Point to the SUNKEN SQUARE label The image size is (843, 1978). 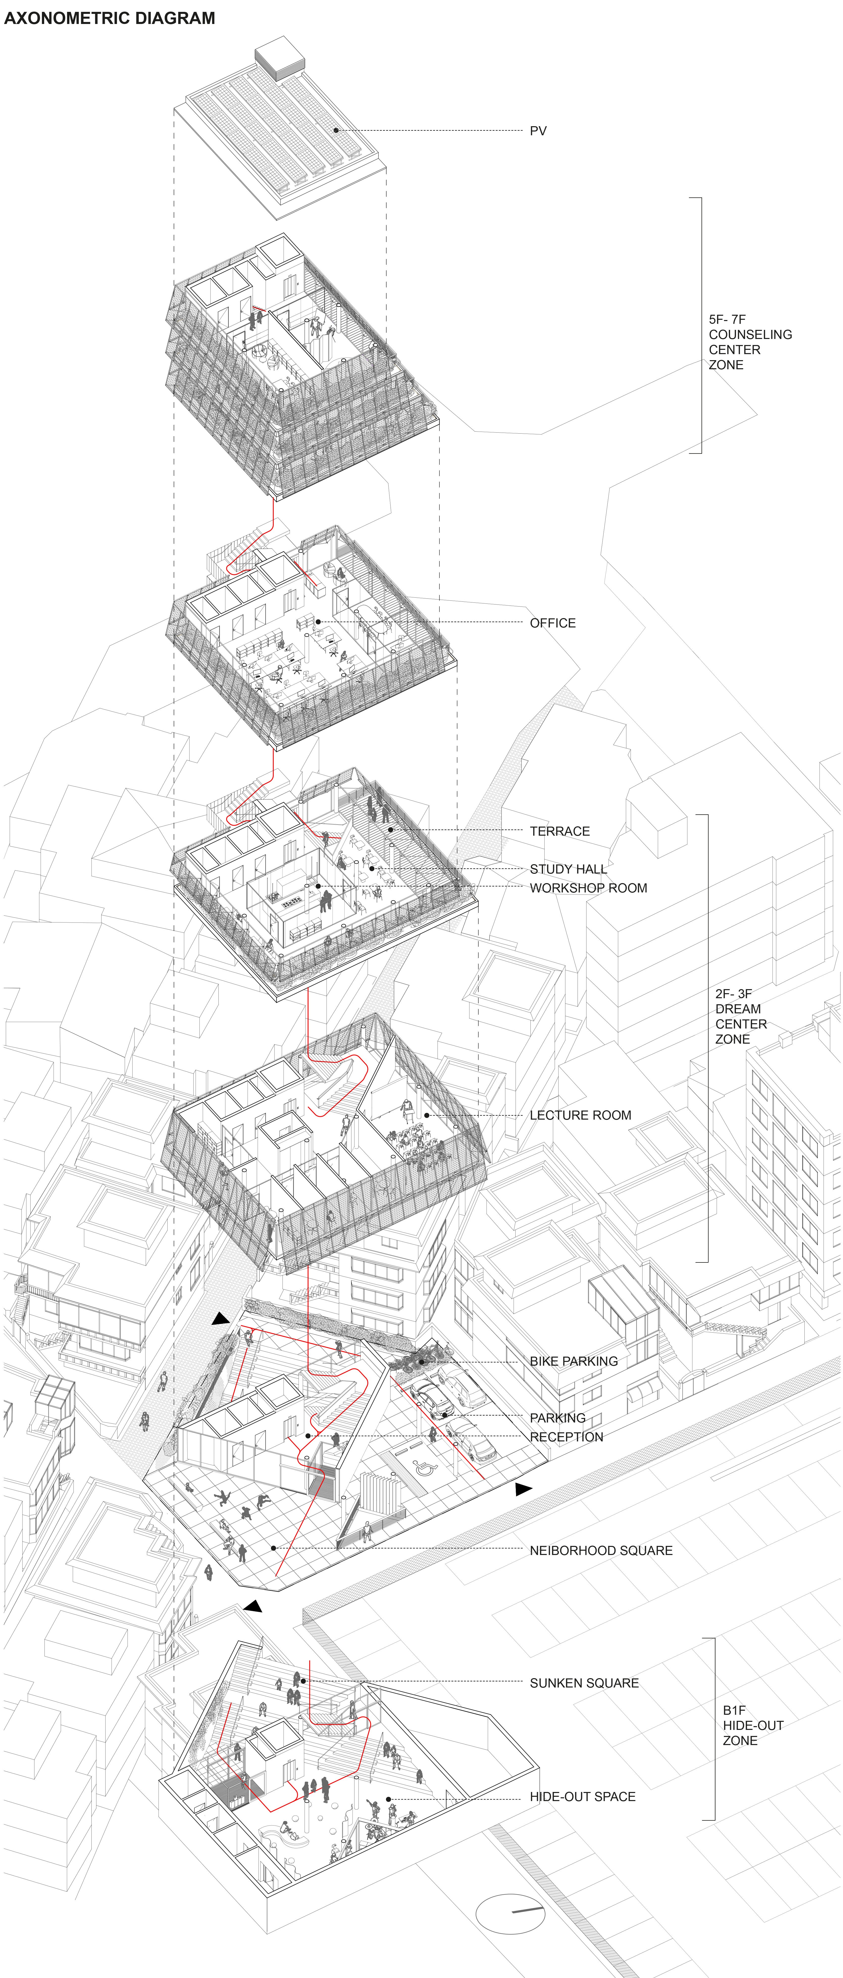tap(584, 1683)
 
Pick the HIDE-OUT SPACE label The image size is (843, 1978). tap(583, 1797)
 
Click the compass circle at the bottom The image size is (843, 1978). tap(510, 1914)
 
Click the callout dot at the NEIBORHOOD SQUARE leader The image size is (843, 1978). tap(273, 1548)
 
